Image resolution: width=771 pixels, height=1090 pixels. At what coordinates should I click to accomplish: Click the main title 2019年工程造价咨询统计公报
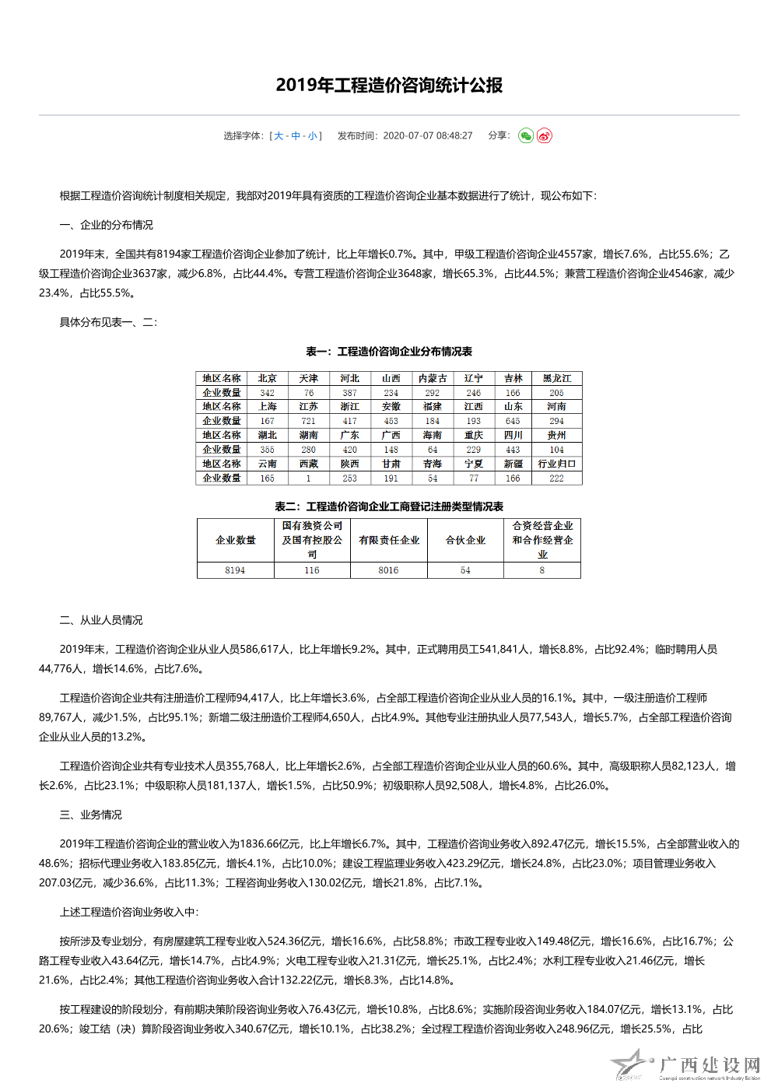(389, 85)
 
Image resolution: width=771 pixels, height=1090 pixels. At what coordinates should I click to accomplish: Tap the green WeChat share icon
(526, 136)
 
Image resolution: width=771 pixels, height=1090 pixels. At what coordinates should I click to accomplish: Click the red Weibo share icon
(544, 136)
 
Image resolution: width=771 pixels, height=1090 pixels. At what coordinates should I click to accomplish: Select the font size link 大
(279, 136)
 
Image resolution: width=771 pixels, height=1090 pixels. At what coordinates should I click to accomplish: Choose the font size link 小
(312, 136)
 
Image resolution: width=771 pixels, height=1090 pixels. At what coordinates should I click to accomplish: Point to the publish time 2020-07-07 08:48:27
(427, 136)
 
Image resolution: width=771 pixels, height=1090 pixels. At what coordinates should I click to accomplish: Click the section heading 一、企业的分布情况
(106, 225)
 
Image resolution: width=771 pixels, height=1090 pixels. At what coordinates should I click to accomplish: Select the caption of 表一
(389, 352)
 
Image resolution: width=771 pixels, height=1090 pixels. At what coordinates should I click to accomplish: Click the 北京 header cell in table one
(267, 379)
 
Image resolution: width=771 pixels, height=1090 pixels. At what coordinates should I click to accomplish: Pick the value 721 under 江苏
(308, 421)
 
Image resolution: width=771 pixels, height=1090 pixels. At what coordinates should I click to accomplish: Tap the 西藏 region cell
(308, 464)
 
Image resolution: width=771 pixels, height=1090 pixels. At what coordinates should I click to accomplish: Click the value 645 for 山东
(513, 421)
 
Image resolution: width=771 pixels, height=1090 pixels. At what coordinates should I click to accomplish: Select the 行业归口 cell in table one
(556, 464)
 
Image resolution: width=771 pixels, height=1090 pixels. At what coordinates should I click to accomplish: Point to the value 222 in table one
(556, 478)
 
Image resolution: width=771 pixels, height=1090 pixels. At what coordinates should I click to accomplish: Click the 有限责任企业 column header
(389, 540)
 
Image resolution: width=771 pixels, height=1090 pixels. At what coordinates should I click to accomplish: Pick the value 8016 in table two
(388, 570)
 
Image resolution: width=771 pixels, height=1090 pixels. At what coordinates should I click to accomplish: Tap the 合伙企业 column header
(465, 540)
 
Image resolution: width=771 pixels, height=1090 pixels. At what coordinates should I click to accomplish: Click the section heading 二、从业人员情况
(101, 620)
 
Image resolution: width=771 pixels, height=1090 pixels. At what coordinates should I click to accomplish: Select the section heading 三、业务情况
(90, 815)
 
